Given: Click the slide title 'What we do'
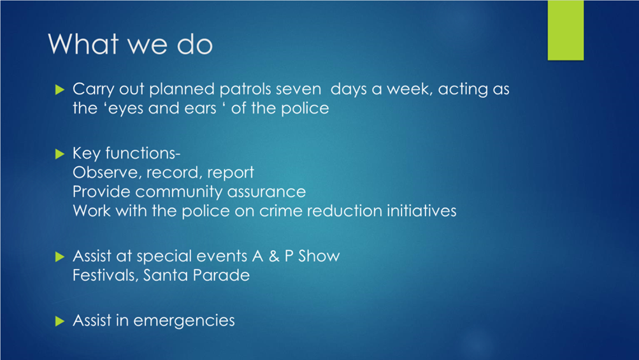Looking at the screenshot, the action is coord(131,43).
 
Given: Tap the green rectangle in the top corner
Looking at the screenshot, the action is coord(566,30).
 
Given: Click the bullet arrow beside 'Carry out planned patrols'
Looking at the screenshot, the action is coord(60,89).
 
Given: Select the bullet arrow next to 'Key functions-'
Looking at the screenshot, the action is coord(60,154).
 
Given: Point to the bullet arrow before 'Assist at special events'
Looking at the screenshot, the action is coord(60,256).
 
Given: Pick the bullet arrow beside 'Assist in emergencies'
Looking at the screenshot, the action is coord(60,321).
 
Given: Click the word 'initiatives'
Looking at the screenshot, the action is coord(421,211).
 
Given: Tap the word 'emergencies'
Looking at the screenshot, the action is coord(184,321).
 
